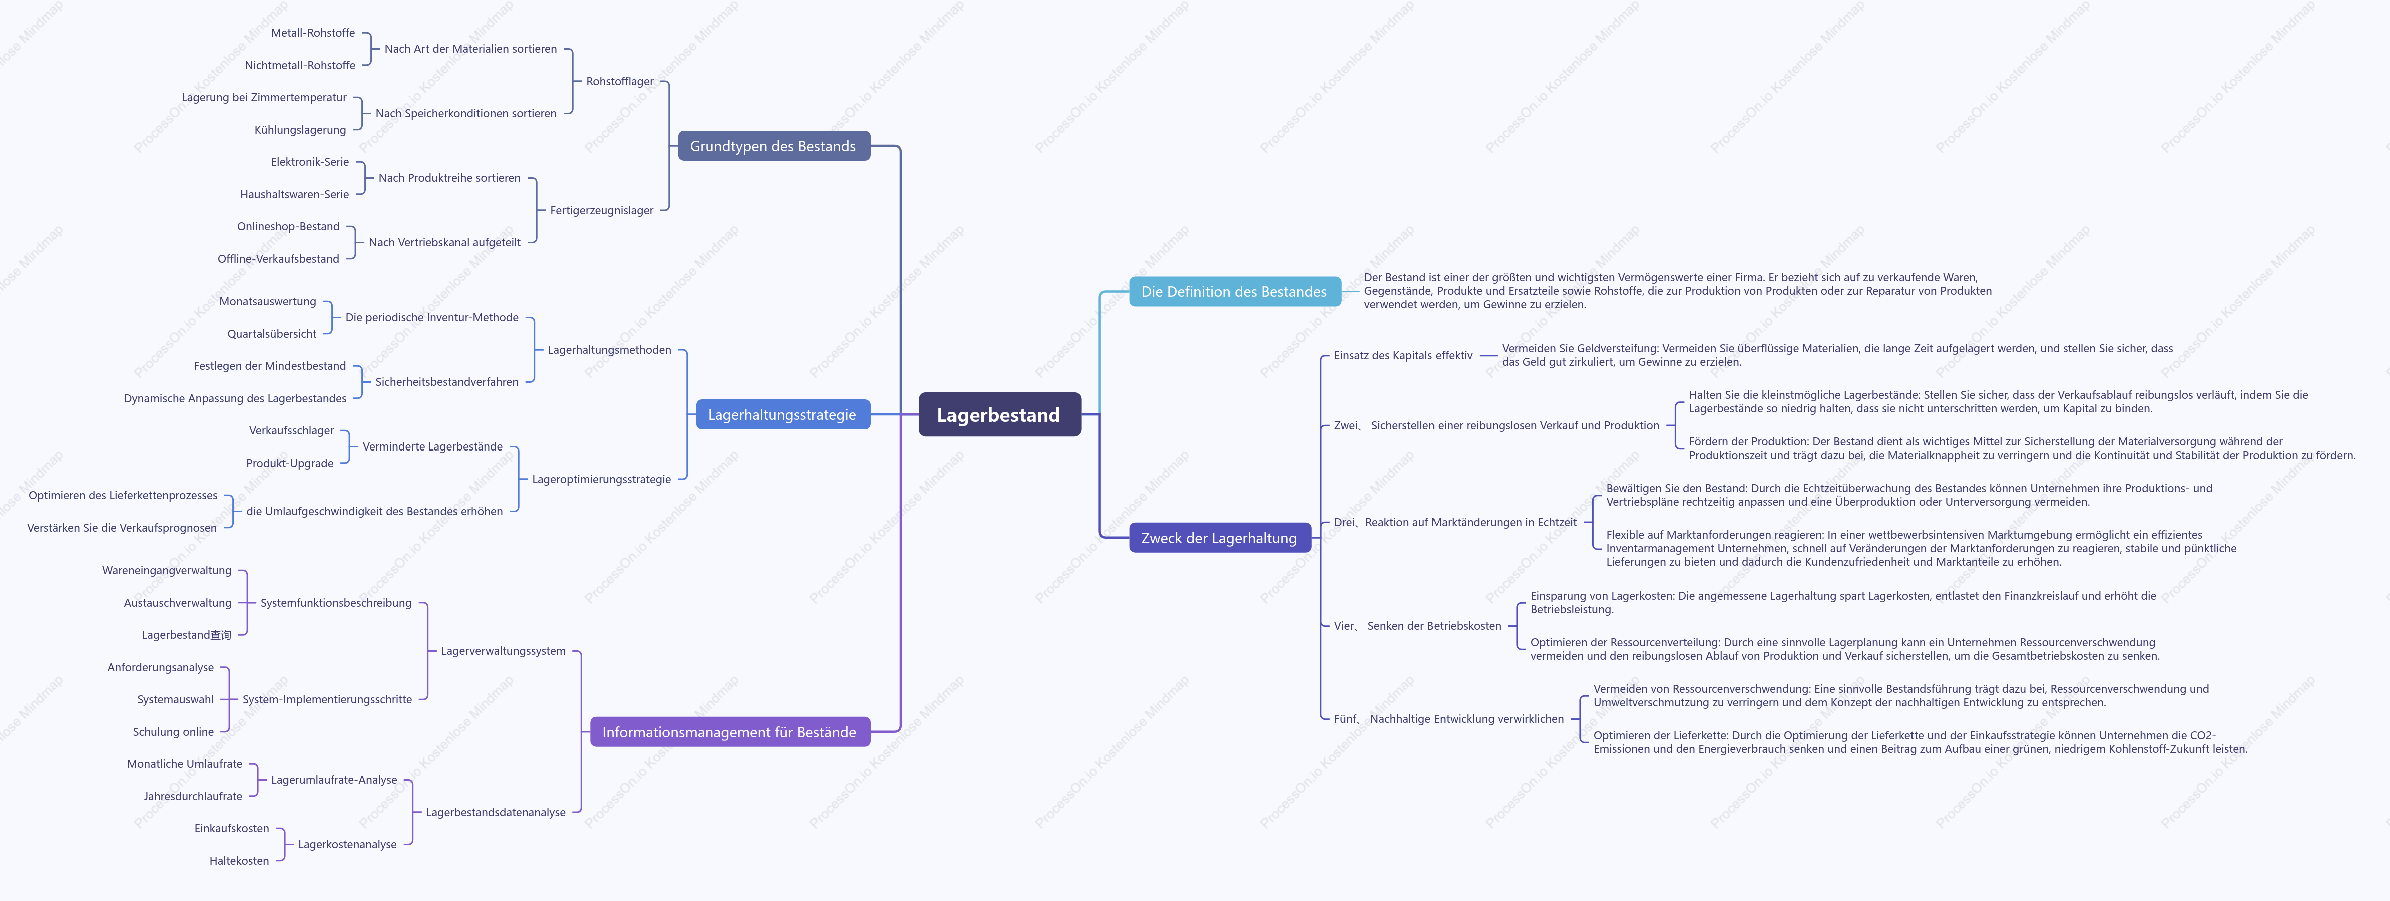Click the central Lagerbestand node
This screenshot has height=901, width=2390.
pyautogui.click(x=999, y=415)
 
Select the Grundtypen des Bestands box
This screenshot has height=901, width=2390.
pyautogui.click(x=774, y=146)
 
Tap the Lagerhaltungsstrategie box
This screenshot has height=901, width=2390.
pyautogui.click(x=783, y=415)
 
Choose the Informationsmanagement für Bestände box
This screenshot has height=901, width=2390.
pyautogui.click(x=730, y=732)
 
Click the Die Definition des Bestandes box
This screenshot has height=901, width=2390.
pyautogui.click(x=1235, y=291)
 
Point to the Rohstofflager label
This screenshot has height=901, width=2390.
pyautogui.click(x=620, y=82)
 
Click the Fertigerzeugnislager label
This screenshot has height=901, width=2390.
pyautogui.click(x=601, y=211)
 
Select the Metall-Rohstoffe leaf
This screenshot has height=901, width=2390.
pyautogui.click(x=313, y=33)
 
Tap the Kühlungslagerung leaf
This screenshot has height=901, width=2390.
pyautogui.click(x=300, y=130)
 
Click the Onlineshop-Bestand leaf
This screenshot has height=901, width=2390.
pyautogui.click(x=288, y=226)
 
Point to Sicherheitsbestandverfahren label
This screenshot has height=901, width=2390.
pyautogui.click(x=446, y=382)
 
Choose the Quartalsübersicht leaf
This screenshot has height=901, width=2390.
pyautogui.click(x=272, y=334)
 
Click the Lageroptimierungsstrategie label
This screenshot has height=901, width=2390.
pyautogui.click(x=601, y=480)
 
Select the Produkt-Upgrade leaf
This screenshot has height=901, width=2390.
pyautogui.click(x=289, y=463)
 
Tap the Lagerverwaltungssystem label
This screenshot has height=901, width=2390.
pyautogui.click(x=503, y=651)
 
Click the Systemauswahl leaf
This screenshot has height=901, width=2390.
pyautogui.click(x=175, y=700)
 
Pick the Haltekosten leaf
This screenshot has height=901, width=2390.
pyautogui.click(x=239, y=861)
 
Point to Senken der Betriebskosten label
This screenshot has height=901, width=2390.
pyautogui.click(x=1433, y=626)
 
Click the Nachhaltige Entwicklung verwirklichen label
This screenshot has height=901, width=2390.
pyautogui.click(x=1467, y=719)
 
